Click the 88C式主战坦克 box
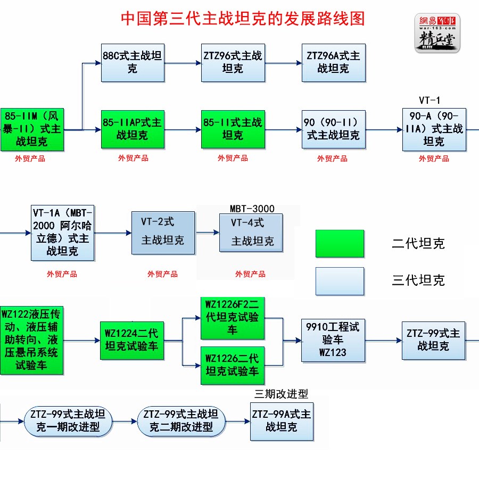click(x=133, y=62)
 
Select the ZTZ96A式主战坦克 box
click(x=334, y=62)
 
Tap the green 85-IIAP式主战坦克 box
click(x=133, y=129)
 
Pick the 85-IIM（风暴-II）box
click(x=31, y=129)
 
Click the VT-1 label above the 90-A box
click(x=430, y=101)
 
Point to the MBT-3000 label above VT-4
click(x=252, y=209)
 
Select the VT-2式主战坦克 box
click(x=163, y=233)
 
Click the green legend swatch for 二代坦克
click(x=340, y=244)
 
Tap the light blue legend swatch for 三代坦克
click(x=340, y=280)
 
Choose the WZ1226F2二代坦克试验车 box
click(x=233, y=318)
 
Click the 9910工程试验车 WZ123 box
click(x=334, y=339)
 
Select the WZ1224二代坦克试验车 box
click(x=131, y=341)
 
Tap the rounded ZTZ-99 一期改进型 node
click(x=69, y=420)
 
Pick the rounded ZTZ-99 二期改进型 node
click(x=181, y=420)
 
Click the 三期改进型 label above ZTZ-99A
click(x=281, y=394)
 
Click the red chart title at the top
click(x=243, y=19)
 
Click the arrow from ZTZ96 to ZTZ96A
click(x=283, y=63)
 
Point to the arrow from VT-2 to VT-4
click(x=207, y=233)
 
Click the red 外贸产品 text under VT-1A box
click(x=62, y=274)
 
